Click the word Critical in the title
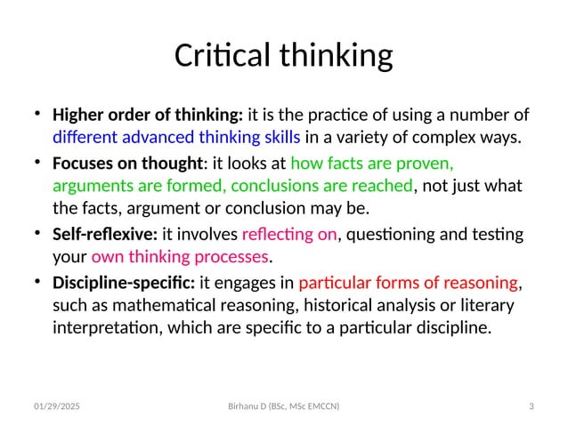click(x=222, y=56)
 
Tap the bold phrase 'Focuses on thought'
click(x=128, y=164)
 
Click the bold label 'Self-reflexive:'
click(x=105, y=234)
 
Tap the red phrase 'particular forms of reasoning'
click(x=408, y=284)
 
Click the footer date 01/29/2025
click(x=56, y=406)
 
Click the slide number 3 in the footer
click(x=531, y=406)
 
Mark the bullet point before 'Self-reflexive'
click(x=37, y=233)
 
